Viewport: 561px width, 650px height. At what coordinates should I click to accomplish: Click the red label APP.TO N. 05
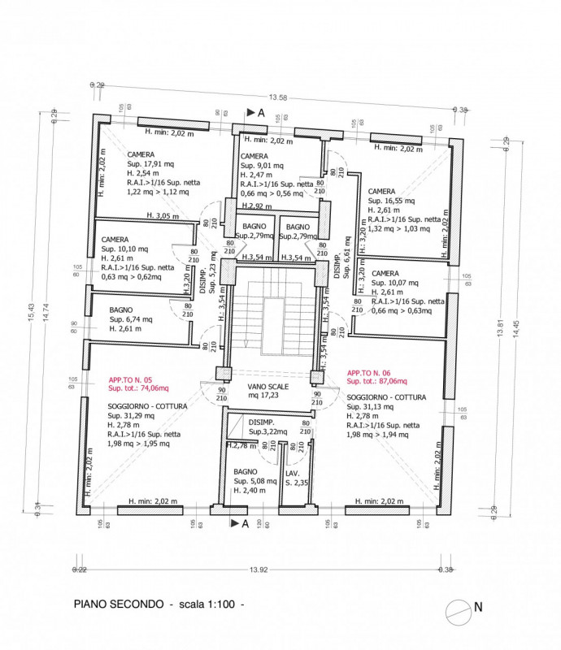click(133, 379)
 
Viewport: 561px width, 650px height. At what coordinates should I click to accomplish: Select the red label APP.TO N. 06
click(372, 371)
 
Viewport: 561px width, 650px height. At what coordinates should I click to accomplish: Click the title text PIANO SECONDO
click(118, 604)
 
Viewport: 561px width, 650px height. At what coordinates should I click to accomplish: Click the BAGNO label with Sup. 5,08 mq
click(246, 471)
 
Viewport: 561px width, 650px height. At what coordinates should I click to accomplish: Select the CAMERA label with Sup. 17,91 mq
click(142, 154)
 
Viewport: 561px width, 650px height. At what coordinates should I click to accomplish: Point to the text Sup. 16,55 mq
click(394, 200)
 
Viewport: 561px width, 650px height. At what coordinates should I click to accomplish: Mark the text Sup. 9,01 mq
click(262, 165)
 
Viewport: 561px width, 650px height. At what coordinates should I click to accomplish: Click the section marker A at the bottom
click(243, 524)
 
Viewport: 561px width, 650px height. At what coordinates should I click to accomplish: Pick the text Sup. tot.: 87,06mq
click(376, 380)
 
